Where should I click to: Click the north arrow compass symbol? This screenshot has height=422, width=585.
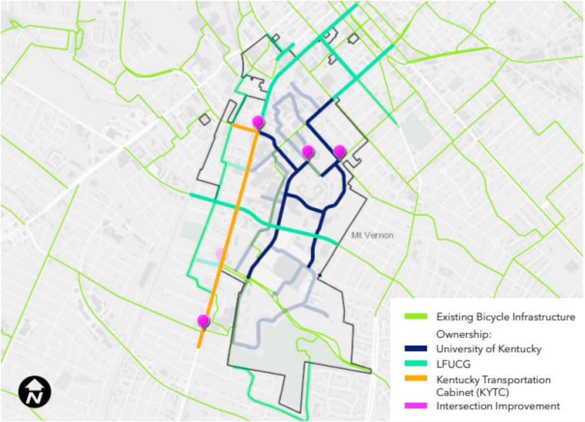(35, 391)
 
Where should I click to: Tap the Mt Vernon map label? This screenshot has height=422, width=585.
(372, 235)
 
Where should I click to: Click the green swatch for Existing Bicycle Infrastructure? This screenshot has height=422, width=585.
(415, 316)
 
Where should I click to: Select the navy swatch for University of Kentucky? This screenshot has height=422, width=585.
(415, 348)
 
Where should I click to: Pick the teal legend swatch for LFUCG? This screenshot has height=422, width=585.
(415, 364)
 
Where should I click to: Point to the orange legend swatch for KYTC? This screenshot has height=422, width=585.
(415, 379)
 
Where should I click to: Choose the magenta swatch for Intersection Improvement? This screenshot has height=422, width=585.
(415, 406)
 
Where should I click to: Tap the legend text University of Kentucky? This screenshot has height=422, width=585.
(488, 348)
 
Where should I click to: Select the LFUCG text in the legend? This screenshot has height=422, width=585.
(451, 364)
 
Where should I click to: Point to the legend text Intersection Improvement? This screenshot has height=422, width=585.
(498, 406)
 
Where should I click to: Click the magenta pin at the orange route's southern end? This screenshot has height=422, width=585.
(203, 321)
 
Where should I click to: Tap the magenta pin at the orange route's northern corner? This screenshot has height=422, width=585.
(258, 122)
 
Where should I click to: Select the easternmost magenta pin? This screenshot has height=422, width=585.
(339, 152)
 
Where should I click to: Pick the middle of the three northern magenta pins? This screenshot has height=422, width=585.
(308, 152)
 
